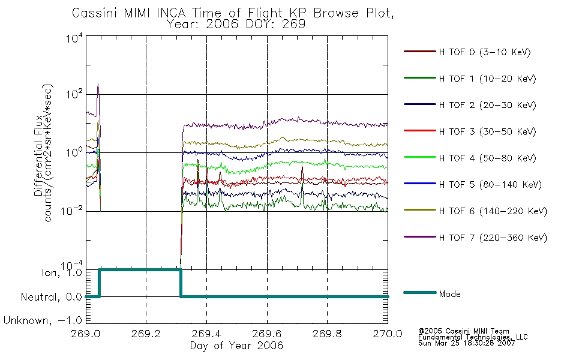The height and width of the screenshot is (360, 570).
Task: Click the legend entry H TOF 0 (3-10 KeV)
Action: [x=485, y=52]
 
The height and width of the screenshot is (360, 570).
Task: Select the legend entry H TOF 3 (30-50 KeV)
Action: [x=487, y=131]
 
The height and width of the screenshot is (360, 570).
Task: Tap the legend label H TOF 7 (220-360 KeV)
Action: [x=493, y=238]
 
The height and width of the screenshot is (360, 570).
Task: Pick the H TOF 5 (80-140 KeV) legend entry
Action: [x=490, y=185]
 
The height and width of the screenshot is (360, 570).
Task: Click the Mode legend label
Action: [x=449, y=294]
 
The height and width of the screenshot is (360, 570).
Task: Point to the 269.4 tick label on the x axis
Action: [x=206, y=334]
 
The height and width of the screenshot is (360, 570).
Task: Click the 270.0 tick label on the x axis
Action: [x=388, y=334]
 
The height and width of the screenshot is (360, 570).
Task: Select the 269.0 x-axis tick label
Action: [x=86, y=334]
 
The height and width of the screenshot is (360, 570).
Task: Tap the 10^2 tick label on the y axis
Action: [x=74, y=94]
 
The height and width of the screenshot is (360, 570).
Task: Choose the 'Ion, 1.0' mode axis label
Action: [x=62, y=272]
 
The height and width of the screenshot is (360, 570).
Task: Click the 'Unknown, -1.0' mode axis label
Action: [x=43, y=320]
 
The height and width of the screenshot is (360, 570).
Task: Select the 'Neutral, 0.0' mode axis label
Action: [x=52, y=297]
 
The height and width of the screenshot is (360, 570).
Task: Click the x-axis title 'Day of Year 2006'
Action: [x=236, y=346]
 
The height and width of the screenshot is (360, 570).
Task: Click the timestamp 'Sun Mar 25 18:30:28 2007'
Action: [x=466, y=343]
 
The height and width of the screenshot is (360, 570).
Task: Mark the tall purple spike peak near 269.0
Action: [x=98, y=85]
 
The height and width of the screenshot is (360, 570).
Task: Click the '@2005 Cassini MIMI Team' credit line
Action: [x=463, y=331]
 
